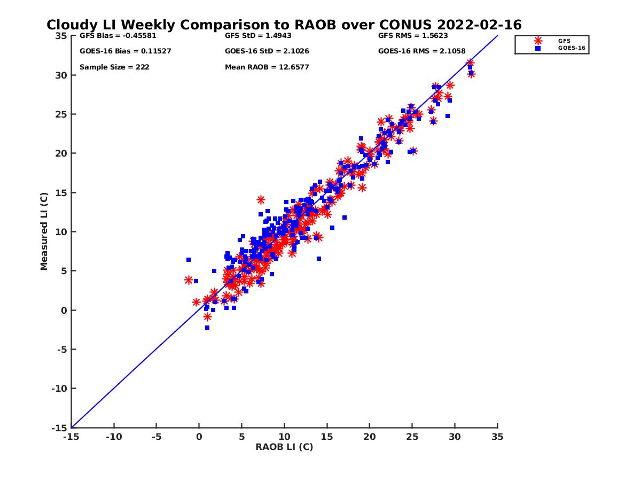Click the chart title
click(284, 25)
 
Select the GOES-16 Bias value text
click(125, 51)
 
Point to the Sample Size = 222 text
click(114, 67)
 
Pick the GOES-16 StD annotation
click(267, 51)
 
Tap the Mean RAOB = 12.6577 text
click(267, 67)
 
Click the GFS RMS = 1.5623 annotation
click(413, 36)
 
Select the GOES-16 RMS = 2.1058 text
click(421, 51)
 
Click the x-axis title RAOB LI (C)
click(284, 447)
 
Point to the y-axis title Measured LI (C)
click(44, 231)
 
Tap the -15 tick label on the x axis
click(71, 437)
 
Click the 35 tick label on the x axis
click(497, 437)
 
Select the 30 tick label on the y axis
click(61, 75)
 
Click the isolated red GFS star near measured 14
click(261, 200)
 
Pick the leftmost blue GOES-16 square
click(189, 260)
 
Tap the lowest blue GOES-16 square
click(207, 328)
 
